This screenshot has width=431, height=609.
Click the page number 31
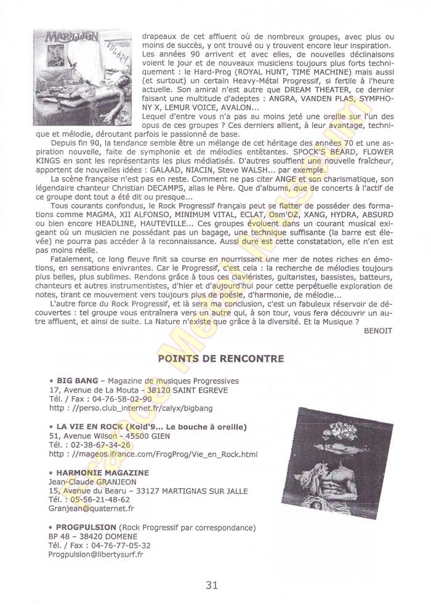(211, 585)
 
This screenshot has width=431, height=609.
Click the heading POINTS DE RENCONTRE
(220, 359)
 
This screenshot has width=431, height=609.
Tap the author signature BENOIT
(378, 330)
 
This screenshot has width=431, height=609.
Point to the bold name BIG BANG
(77, 381)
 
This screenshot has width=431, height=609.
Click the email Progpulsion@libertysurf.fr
(96, 554)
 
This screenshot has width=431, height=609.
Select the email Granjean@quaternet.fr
(92, 509)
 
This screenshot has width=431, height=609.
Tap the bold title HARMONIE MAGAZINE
(102, 472)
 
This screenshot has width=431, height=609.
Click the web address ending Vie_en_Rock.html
(153, 454)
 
